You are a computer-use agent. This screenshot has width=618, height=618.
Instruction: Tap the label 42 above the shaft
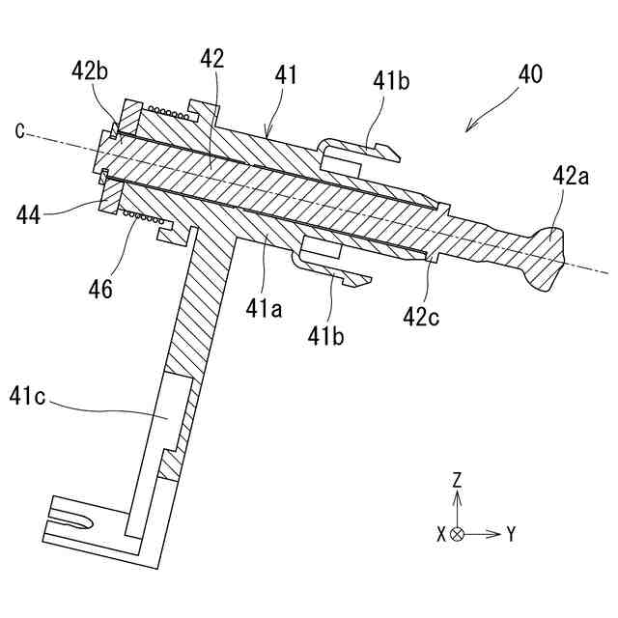coord(212,58)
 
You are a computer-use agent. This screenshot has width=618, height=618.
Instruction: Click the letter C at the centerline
coord(19,130)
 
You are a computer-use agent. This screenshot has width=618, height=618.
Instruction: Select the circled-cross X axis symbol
coord(458,533)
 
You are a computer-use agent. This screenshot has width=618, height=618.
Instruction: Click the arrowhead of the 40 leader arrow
coord(467,129)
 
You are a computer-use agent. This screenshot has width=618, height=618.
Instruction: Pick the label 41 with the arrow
coord(287,74)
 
